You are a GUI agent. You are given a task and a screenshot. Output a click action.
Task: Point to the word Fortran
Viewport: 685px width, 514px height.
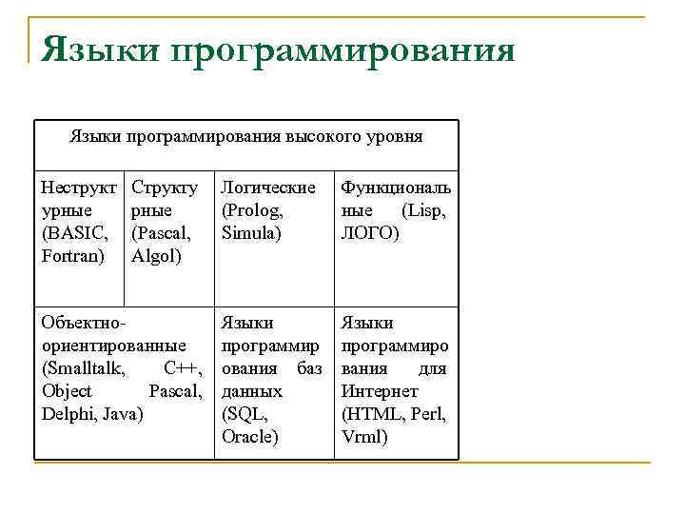(73, 255)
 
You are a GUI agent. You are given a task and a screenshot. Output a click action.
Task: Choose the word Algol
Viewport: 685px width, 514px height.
(156, 255)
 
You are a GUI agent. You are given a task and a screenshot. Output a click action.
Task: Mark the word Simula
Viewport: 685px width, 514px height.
(250, 232)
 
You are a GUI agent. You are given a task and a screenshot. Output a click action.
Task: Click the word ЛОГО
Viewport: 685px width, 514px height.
(366, 232)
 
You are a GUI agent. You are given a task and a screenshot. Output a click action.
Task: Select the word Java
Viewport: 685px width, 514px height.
(122, 414)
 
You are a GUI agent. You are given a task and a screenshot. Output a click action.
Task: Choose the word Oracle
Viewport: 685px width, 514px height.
(248, 437)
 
